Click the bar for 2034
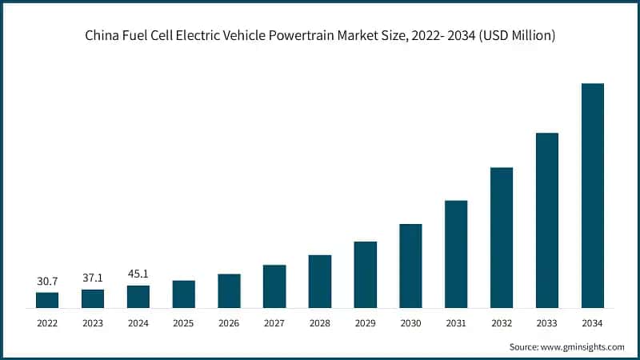[x=592, y=195]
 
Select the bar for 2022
[x=47, y=300]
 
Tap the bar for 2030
[x=410, y=266]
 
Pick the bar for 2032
[x=502, y=238]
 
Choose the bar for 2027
[x=274, y=286]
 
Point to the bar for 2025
[x=183, y=294]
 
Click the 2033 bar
[x=546, y=220]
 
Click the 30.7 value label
[x=47, y=281]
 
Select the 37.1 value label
[x=93, y=278]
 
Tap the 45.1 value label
[x=138, y=274]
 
